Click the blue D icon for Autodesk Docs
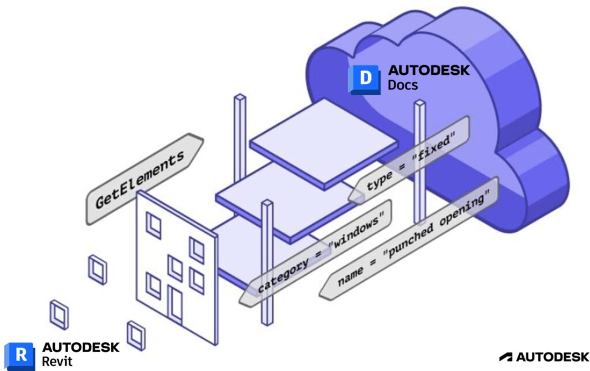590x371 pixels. point(364,79)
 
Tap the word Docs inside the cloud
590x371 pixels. point(403,85)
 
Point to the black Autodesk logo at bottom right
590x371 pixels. point(544,357)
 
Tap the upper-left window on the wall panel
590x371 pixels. point(154,225)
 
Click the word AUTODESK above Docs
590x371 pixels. point(429,70)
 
